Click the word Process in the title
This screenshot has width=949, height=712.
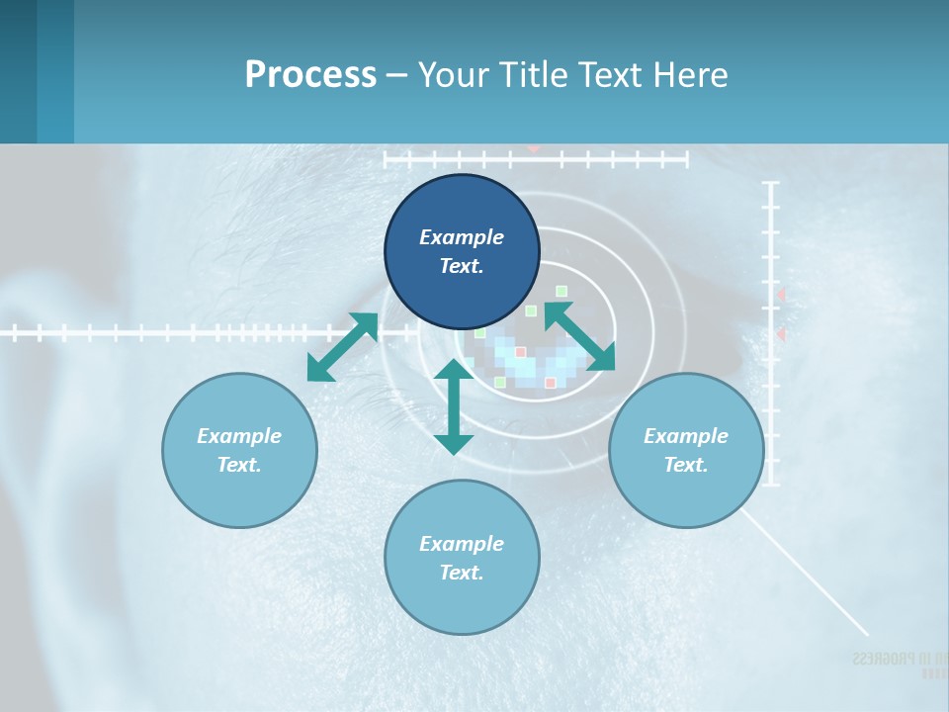310,75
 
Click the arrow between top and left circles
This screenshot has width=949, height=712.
342,347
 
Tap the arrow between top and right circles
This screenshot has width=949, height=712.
580,336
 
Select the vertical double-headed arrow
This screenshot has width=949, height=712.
454,406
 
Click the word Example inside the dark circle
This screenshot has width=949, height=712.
462,237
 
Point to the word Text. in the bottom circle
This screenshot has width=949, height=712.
462,573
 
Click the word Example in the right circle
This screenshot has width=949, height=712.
686,436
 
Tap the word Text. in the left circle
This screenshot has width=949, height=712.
239,465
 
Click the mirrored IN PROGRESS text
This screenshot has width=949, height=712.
899,659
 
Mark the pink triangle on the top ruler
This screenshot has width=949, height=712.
534,148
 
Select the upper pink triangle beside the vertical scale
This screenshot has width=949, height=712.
780,295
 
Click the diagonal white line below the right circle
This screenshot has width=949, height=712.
806,573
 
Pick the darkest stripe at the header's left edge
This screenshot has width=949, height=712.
18,71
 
